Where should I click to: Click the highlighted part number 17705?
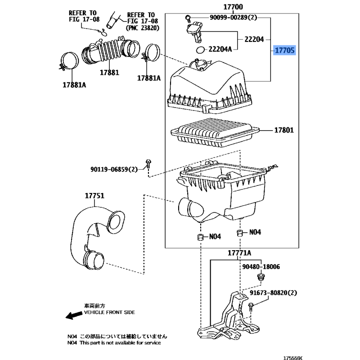(x=284, y=50)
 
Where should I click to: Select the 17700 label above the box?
(x=233, y=7)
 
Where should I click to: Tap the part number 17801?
(x=284, y=130)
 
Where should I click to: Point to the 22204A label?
(x=220, y=49)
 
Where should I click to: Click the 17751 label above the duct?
(x=94, y=196)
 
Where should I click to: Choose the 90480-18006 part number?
(x=261, y=266)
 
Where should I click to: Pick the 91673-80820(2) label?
(x=273, y=293)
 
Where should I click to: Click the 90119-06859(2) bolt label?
(x=114, y=170)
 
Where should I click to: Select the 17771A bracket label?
(x=239, y=253)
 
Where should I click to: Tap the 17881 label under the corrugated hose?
(x=109, y=72)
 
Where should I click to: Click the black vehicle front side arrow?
(x=74, y=315)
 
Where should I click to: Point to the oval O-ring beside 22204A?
(x=200, y=49)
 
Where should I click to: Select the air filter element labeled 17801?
(x=215, y=132)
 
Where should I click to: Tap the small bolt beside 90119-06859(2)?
(x=148, y=164)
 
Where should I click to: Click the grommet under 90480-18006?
(x=261, y=277)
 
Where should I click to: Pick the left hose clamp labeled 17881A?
(x=69, y=61)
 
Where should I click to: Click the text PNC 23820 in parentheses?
(x=142, y=28)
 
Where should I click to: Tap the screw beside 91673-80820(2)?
(x=251, y=307)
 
